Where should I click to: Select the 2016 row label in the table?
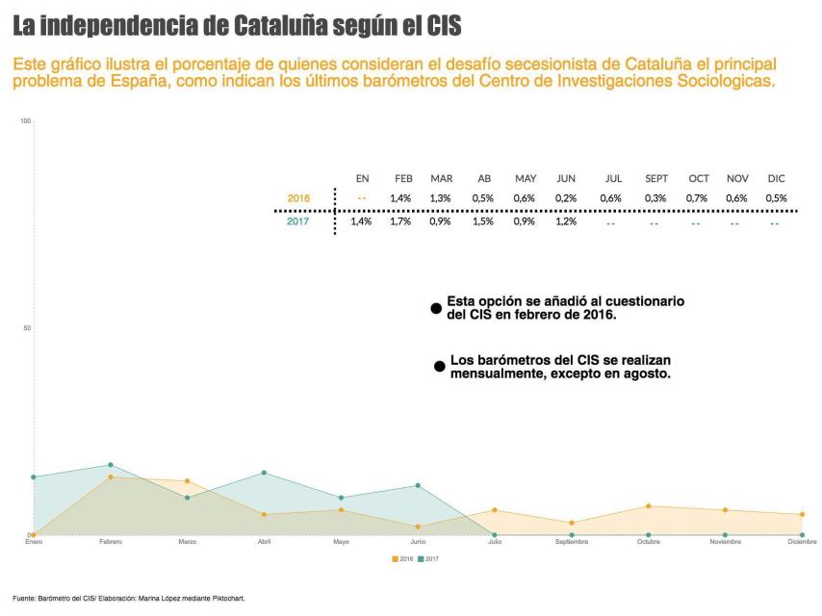(298, 198)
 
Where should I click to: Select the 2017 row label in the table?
(298, 222)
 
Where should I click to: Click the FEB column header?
(403, 178)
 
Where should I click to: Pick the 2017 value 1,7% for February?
(400, 222)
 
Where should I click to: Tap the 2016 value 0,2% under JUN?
(566, 198)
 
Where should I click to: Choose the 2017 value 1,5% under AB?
(484, 222)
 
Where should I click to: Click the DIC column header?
(776, 178)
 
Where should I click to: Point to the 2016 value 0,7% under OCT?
(698, 198)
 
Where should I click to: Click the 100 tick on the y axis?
(26, 120)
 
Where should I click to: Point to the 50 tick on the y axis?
(27, 328)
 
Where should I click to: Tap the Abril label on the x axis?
(264, 542)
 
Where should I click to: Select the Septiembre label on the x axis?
(571, 542)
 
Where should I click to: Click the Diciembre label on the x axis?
(801, 542)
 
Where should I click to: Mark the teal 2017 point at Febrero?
(111, 465)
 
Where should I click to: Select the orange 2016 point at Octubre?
(649, 506)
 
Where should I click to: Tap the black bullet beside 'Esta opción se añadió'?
(436, 308)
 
